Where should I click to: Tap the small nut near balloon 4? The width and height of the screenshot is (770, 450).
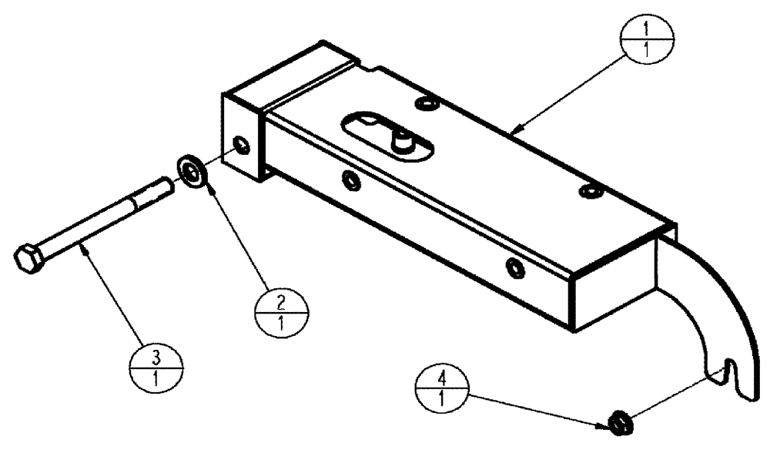pyautogui.click(x=620, y=421)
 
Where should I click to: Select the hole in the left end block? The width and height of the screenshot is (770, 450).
pyautogui.click(x=243, y=146)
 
